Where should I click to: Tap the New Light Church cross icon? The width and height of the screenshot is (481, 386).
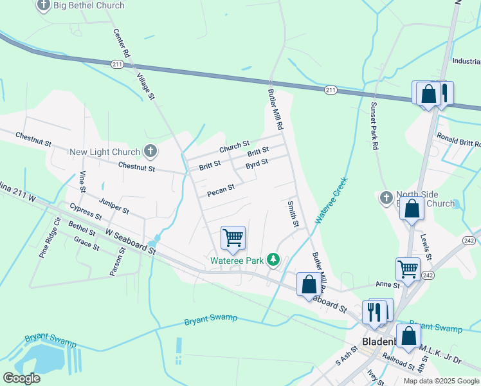tap(150, 152)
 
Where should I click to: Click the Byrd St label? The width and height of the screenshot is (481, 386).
tap(257, 164)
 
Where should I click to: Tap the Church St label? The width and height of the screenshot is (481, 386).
tap(234, 148)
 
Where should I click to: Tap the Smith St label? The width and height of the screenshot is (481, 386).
tap(293, 214)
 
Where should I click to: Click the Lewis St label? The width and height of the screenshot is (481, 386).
tap(428, 246)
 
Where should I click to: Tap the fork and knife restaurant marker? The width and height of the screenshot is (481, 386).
tap(374, 311)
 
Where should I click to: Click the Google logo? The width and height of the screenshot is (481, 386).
tap(21, 378)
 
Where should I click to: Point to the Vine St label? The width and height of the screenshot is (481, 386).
tap(82, 182)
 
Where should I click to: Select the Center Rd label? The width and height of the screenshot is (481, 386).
tap(122, 44)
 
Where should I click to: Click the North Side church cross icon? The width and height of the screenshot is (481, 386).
tap(386, 197)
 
